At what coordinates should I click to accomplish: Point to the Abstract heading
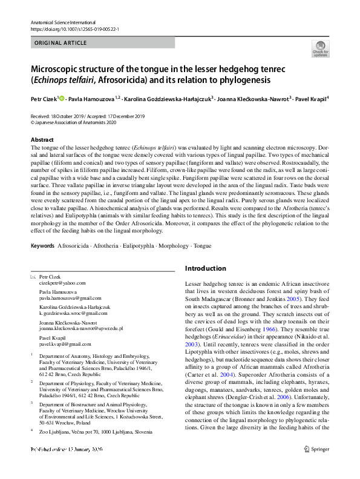pos(42,139)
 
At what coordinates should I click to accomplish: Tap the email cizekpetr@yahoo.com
pos(62,282)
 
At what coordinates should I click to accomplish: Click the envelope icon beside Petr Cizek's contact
pos(33,276)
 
